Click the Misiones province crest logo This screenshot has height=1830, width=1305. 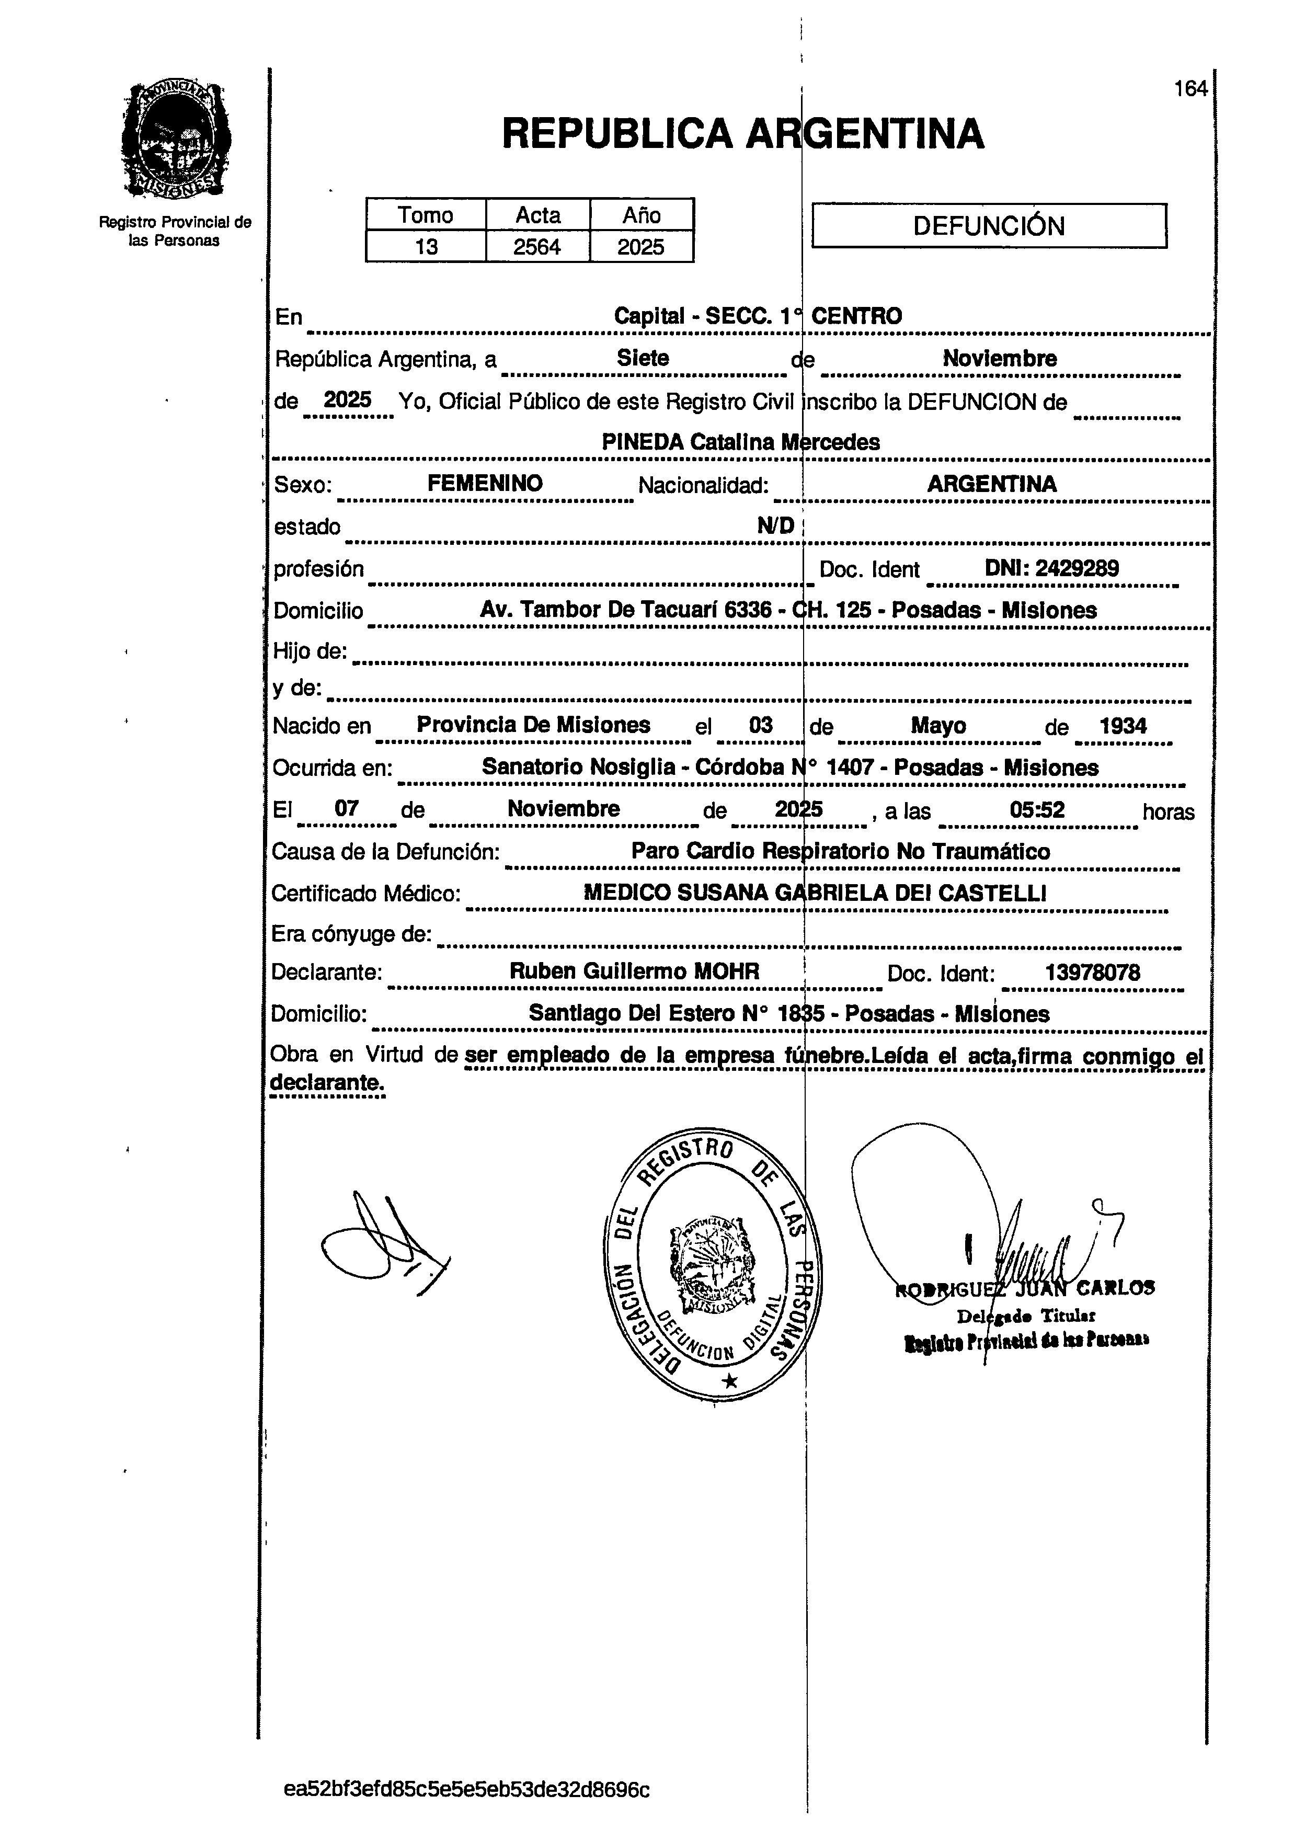tap(175, 141)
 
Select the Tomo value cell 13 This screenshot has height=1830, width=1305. tap(426, 247)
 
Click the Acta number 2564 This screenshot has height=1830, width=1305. tap(537, 247)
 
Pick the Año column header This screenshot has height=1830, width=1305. tap(641, 215)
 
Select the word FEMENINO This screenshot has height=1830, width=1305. tap(485, 483)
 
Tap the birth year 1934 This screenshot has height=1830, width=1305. tap(1123, 726)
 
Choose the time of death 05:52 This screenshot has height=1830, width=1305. tap(1037, 809)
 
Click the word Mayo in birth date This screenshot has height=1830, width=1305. tap(938, 726)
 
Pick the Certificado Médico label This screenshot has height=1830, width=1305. tap(365, 893)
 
